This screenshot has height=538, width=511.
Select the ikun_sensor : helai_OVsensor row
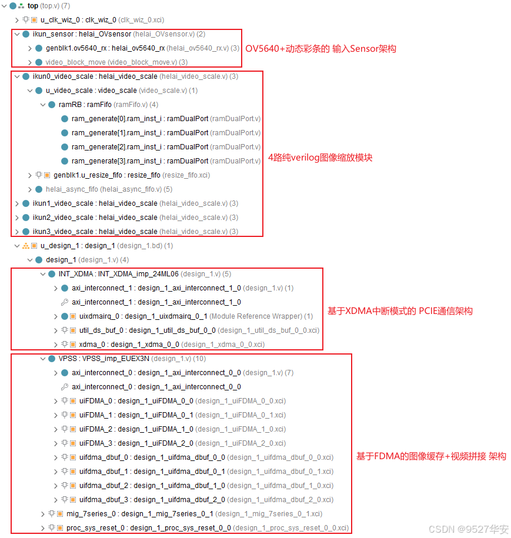pyautogui.click(x=82, y=34)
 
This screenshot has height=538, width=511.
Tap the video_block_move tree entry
pyautogui.click(x=109, y=62)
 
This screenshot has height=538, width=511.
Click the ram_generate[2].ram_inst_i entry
pyautogui.click(x=139, y=147)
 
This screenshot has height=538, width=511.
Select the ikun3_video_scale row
pyautogui.click(x=95, y=232)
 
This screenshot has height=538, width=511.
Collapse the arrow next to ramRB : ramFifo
pyautogui.click(x=43, y=105)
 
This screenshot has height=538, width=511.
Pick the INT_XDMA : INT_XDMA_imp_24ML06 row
pyautogui.click(x=118, y=274)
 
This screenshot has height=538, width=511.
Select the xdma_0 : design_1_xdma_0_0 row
pyautogui.click(x=147, y=345)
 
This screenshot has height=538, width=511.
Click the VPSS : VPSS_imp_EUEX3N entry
pyautogui.click(x=103, y=359)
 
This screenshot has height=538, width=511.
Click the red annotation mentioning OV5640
pyautogui.click(x=320, y=48)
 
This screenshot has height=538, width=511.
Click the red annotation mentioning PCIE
pyautogui.click(x=400, y=310)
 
